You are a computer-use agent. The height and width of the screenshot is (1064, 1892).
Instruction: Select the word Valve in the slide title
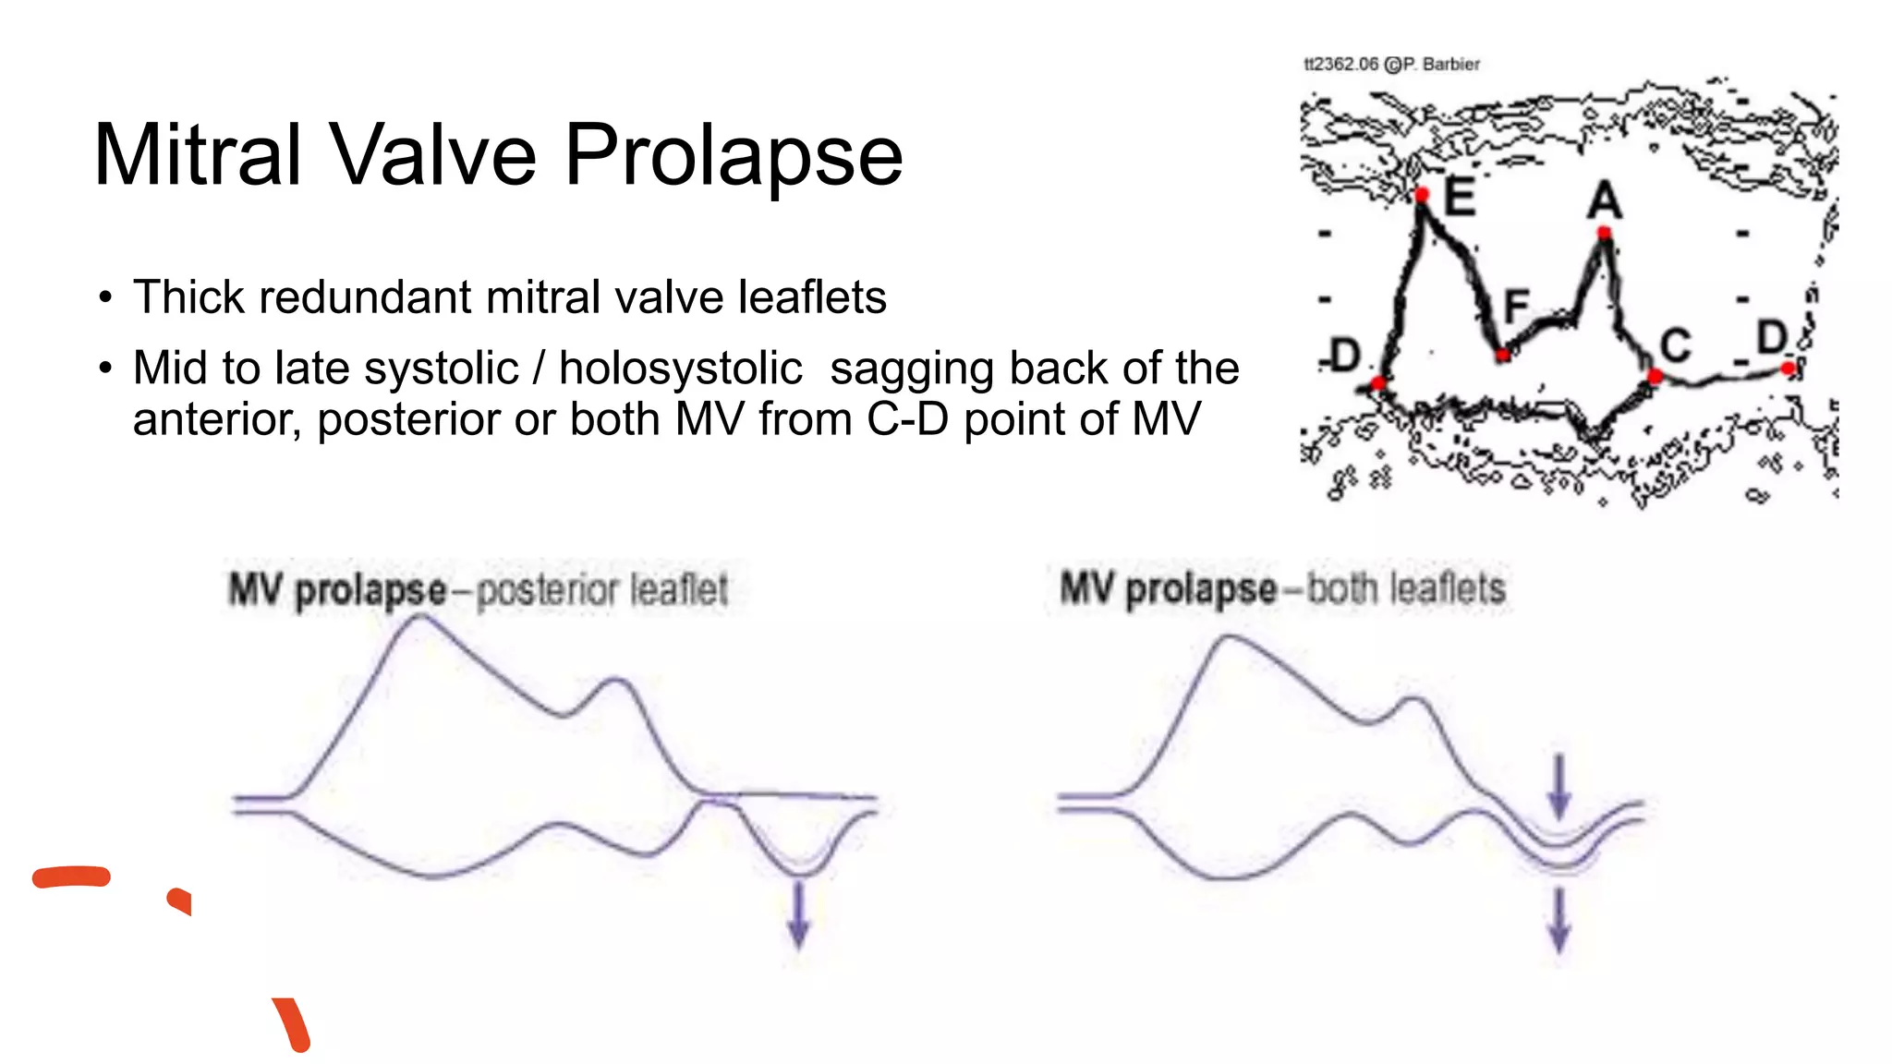(433, 154)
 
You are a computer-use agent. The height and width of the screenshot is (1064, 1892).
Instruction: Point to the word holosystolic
(680, 369)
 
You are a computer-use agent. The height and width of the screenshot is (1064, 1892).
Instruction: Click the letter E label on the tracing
(1459, 196)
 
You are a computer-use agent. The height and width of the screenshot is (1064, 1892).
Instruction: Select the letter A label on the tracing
(1605, 199)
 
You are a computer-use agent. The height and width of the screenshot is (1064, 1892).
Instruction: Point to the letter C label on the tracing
(1675, 346)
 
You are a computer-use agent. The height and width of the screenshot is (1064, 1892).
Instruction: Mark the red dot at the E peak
(1422, 194)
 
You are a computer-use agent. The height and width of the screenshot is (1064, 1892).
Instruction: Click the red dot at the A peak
(1605, 233)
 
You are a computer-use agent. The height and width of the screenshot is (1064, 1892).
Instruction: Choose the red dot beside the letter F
(1503, 355)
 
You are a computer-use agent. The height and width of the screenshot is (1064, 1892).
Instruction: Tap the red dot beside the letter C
(1655, 376)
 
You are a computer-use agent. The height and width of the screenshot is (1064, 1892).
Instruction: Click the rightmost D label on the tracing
(1772, 337)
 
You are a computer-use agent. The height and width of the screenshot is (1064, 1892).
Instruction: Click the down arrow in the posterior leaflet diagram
(798, 913)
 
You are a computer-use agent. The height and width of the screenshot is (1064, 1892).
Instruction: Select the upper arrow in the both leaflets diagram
(1559, 786)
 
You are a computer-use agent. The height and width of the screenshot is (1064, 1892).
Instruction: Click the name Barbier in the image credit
(1450, 64)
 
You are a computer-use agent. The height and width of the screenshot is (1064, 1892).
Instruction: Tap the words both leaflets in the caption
(1406, 588)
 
